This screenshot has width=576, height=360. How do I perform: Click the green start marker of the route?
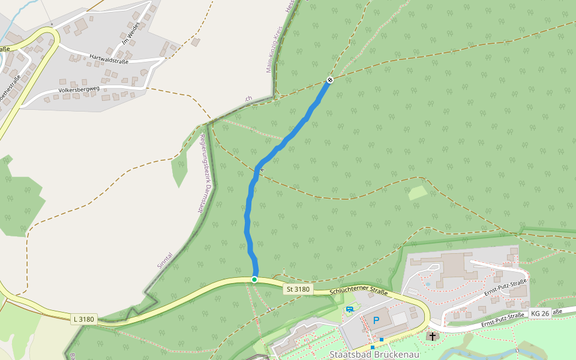254,280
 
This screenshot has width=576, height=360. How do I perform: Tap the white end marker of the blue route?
329,80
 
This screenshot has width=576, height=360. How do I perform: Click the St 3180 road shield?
298,289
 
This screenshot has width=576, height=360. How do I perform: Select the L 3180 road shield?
84,319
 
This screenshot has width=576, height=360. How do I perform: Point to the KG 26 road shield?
540,313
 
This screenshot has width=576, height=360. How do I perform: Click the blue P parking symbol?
376,320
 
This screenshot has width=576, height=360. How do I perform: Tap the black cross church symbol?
432,337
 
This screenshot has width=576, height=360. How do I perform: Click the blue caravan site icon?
350,310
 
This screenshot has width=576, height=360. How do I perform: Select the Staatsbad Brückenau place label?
374,354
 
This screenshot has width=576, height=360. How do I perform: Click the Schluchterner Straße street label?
359,292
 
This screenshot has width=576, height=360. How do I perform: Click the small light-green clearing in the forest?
418,193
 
